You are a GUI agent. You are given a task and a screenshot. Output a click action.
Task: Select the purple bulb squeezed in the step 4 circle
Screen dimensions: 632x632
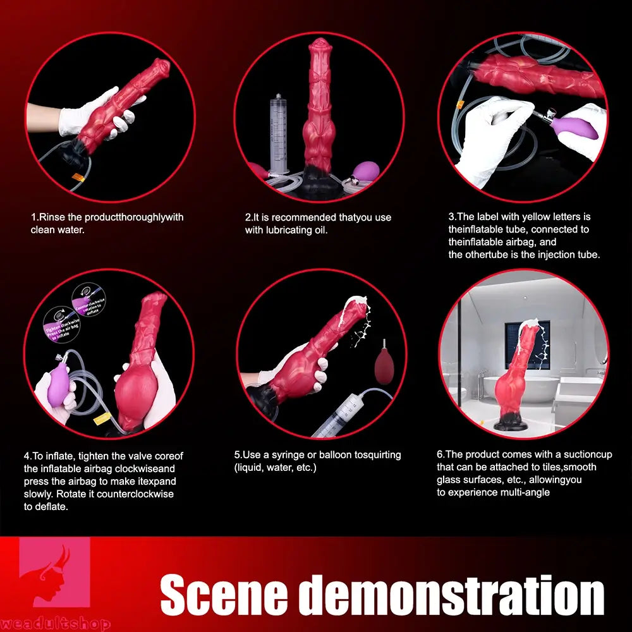pyautogui.click(x=54, y=387)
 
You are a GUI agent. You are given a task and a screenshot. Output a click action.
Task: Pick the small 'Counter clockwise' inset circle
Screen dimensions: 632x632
pyautogui.click(x=89, y=299)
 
